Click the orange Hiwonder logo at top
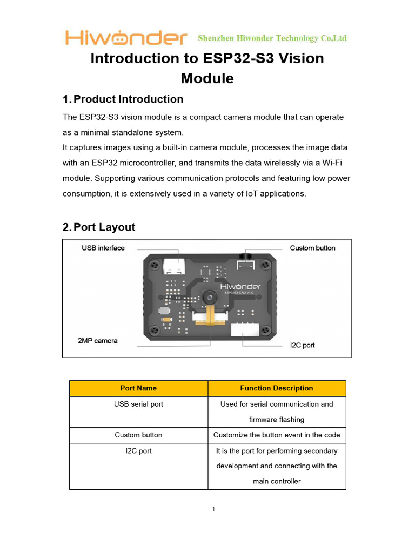[x=126, y=38]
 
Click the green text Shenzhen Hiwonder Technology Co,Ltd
[x=272, y=38]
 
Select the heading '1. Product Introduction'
[x=123, y=99]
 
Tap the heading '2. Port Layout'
[x=99, y=227]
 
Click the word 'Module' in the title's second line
[x=207, y=79]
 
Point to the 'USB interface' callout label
[x=103, y=248]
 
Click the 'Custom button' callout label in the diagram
[x=312, y=248]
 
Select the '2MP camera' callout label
[x=97, y=341]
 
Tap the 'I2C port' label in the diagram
[x=302, y=345]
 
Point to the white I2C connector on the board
[x=246, y=330]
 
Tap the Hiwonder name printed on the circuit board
[x=240, y=286]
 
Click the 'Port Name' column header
[x=138, y=388]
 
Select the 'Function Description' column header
[x=276, y=388]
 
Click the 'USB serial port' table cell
[x=138, y=404]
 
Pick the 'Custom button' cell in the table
[x=138, y=435]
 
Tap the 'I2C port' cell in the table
[x=138, y=451]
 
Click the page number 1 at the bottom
[x=213, y=509]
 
